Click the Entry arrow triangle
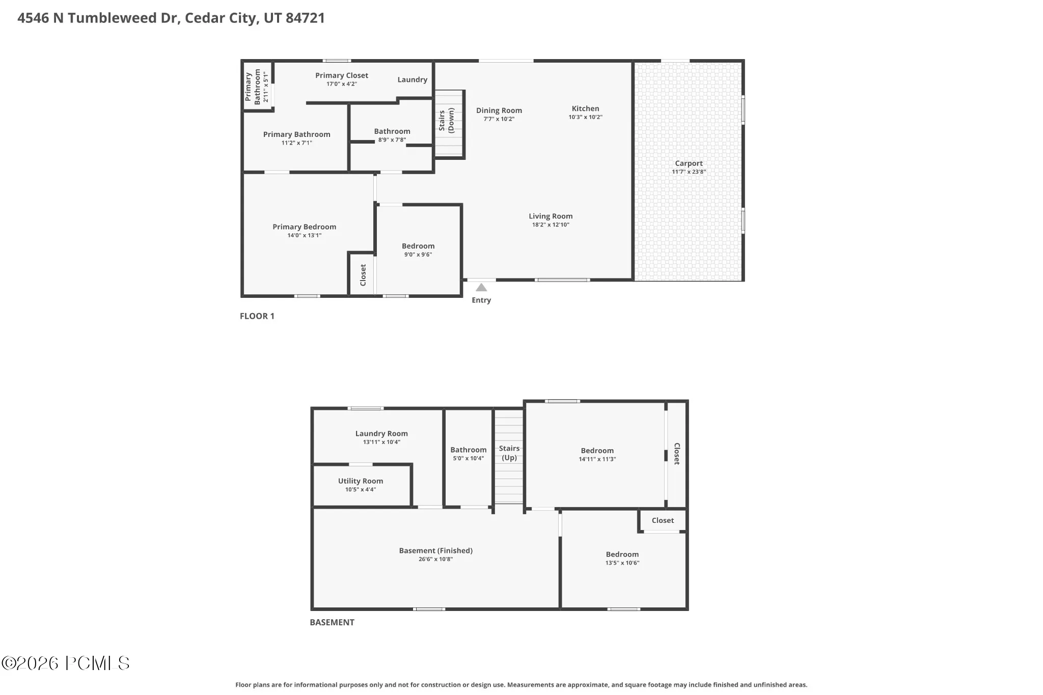point(481,288)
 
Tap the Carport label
point(689,163)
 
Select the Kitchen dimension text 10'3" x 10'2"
point(585,117)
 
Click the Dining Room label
point(499,110)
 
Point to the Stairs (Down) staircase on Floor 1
point(449,124)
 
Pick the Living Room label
point(551,216)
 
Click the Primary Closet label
point(342,75)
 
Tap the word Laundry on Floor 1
point(413,80)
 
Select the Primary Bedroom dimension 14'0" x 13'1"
point(305,235)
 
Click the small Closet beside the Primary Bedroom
point(363,275)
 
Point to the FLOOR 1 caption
point(257,316)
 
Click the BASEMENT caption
point(332,622)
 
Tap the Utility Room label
point(361,481)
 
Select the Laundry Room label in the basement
point(381,434)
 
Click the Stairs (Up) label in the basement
point(509,453)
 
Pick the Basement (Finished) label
point(436,550)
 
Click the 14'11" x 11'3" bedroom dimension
point(597,459)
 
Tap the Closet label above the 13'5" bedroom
point(663,520)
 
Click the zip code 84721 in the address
point(305,18)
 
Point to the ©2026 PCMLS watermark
point(66,663)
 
